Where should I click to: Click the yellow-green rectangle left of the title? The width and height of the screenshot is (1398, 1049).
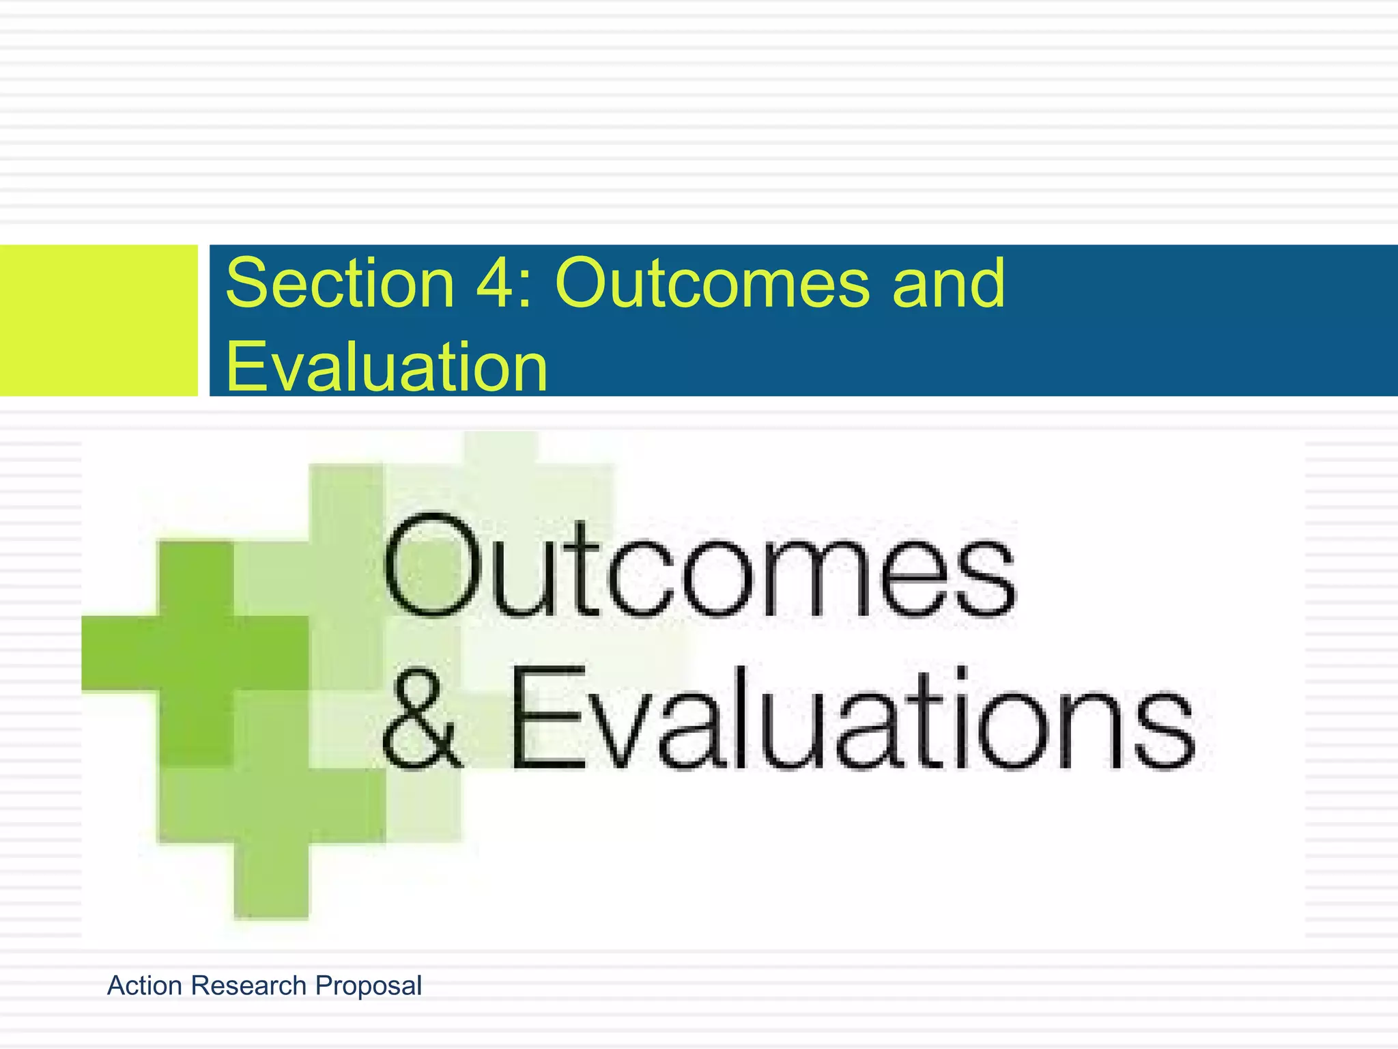[x=98, y=320]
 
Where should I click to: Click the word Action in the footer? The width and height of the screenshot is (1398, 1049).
[x=145, y=985]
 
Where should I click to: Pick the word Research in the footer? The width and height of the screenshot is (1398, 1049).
[x=248, y=985]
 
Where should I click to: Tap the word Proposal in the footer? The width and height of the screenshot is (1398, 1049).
[x=368, y=985]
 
